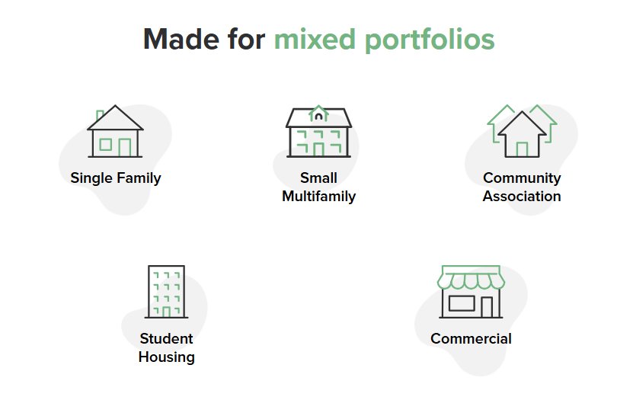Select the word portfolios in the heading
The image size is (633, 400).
[428, 40]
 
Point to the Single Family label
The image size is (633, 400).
[116, 178]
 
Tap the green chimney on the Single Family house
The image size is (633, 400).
[100, 116]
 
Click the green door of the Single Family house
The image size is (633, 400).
[125, 147]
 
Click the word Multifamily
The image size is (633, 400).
[318, 197]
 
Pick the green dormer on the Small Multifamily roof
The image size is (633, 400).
[318, 114]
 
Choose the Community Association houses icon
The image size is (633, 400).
[522, 131]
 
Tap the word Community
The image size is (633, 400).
[522, 178]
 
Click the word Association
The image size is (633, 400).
[522, 197]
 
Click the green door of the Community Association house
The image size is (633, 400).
[522, 149]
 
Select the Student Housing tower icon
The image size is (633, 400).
[166, 292]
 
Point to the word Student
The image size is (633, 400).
[166, 339]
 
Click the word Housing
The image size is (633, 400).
[166, 357]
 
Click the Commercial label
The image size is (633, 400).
[471, 339]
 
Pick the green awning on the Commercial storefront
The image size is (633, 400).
[471, 278]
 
